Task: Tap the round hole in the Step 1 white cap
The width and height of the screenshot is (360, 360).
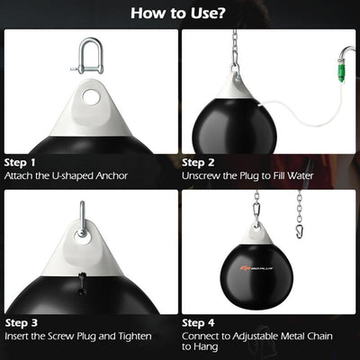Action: click(x=89, y=94)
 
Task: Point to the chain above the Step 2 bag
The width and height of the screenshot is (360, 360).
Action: click(x=236, y=49)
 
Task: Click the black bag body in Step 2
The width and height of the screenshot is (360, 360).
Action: click(x=236, y=126)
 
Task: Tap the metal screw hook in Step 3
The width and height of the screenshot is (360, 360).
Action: click(x=82, y=220)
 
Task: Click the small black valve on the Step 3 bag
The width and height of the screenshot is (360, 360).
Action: click(x=80, y=286)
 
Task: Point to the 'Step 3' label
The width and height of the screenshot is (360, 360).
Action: click(x=21, y=321)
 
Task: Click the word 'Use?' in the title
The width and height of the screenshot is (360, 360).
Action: click(x=206, y=13)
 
